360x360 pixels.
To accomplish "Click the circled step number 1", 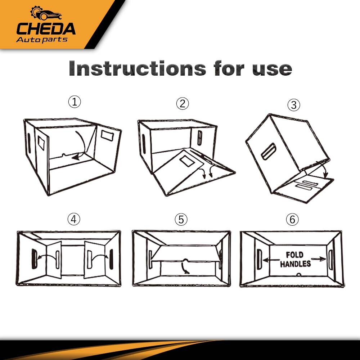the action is point(75,102).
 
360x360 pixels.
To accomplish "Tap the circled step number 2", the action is point(183,103).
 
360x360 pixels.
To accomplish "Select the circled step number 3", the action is point(294,105).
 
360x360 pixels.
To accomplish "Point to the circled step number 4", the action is point(74,219).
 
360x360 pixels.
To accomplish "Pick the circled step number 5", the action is point(181,220).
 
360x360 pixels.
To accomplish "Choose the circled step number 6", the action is point(292,219).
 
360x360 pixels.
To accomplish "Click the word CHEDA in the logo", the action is point(46,29).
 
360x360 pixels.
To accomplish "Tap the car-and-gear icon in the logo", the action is point(46,13).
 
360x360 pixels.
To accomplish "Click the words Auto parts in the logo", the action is point(42,40).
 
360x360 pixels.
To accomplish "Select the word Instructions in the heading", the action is point(137,68).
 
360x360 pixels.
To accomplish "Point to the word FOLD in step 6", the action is point(294,255).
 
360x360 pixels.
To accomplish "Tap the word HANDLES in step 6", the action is point(296,264).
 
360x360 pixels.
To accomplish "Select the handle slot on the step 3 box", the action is point(269,151).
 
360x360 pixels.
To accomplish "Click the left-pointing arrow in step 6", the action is point(271,260).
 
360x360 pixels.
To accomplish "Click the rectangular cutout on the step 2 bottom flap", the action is point(187,161).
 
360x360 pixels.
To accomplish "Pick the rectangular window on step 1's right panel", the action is point(107,136).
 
